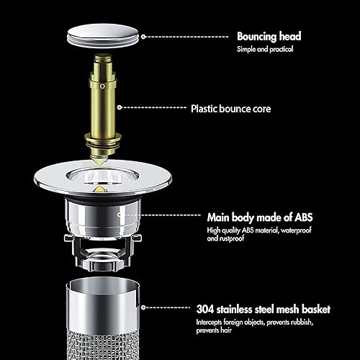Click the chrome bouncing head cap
103,35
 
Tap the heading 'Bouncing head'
269,37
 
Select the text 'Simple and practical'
265,49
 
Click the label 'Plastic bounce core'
231,109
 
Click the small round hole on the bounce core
102,86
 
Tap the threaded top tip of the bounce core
103,58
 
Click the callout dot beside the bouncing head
143,37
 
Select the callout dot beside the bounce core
120,107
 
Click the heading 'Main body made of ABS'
260,217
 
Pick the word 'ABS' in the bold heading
304,217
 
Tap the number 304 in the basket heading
205,309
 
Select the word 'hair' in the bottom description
226,330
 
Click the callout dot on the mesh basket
143,307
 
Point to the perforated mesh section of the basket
103,346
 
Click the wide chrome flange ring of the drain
48,179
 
